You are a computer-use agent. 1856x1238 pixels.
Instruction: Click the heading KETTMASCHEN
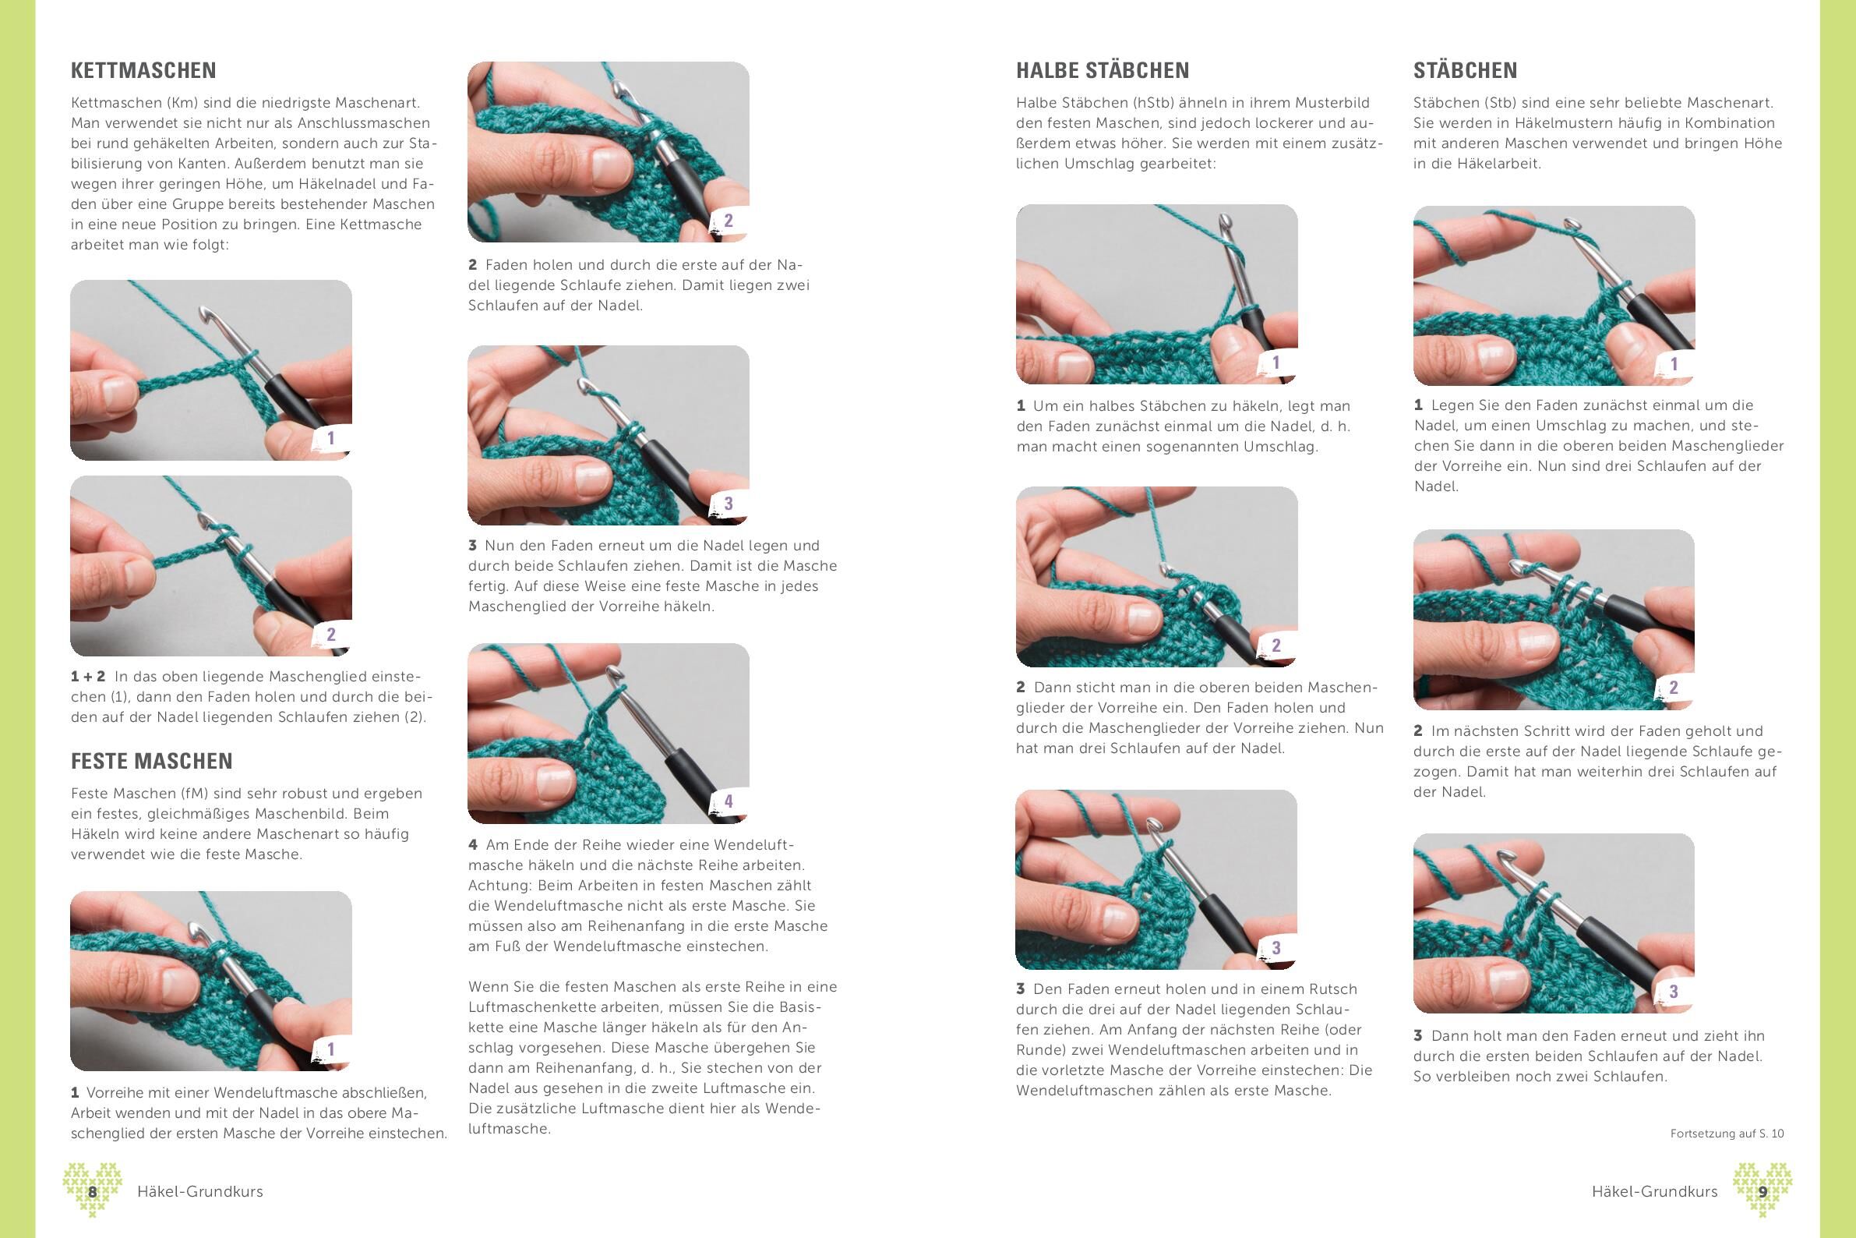[x=143, y=70]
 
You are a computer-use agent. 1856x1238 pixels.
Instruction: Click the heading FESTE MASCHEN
[x=151, y=761]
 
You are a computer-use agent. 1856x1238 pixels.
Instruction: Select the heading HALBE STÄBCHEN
[x=1103, y=70]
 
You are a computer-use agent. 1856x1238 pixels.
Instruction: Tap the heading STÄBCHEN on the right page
[x=1466, y=70]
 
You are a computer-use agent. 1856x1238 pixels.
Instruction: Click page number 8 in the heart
[x=92, y=1192]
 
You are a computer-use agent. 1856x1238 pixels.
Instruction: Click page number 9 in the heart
[x=1762, y=1192]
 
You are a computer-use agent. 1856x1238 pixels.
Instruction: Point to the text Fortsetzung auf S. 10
[x=1727, y=1134]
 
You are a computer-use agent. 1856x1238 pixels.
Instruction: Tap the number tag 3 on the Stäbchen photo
[x=1673, y=992]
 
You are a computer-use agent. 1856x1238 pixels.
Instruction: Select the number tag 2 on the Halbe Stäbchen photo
[x=1276, y=646]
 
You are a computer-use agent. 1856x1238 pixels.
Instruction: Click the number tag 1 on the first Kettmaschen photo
[x=330, y=438]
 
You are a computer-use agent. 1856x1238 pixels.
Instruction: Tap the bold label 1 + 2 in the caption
[x=87, y=677]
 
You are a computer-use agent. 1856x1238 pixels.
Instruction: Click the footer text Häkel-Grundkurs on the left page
[x=199, y=1192]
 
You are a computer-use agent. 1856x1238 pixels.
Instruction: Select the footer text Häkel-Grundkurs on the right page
[x=1655, y=1192]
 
